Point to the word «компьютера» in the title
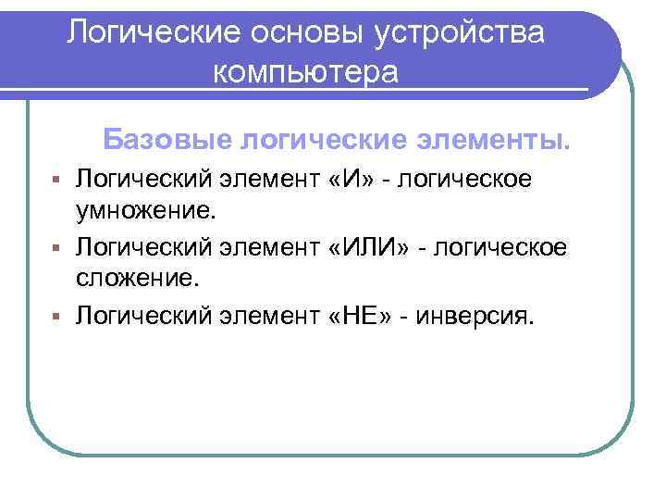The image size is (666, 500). click(306, 71)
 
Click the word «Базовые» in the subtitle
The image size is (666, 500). click(166, 140)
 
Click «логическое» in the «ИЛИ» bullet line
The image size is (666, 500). click(510, 247)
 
